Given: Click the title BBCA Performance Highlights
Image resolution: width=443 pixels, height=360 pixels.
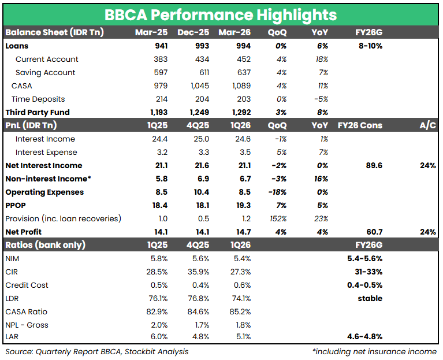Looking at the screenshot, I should pos(221,14).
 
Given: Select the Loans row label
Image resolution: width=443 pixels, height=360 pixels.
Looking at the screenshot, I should pos(17,46).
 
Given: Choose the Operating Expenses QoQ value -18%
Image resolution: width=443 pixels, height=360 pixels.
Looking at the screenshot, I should pos(279,192).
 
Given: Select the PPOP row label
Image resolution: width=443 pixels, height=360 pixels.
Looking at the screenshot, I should pos(16,205).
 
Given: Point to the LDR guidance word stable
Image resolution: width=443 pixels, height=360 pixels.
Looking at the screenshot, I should pos(370,298).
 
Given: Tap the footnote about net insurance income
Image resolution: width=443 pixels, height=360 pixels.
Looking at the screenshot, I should pos(374,351).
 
